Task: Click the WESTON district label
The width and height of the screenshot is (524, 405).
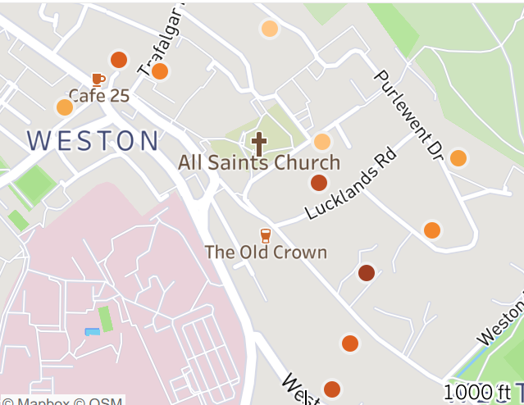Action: pos(93,141)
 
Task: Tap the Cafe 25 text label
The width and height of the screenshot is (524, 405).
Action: pos(98,96)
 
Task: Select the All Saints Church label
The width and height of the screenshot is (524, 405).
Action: pos(259,162)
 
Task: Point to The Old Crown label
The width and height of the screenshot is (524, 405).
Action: pos(266,253)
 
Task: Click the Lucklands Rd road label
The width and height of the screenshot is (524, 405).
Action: pos(350,184)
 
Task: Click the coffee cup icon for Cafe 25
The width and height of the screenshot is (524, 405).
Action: pos(98,80)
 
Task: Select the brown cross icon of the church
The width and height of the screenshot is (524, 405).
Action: pos(259,144)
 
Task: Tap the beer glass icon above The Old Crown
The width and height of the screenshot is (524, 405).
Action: pos(265,236)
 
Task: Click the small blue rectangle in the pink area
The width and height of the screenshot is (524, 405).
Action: pos(92,331)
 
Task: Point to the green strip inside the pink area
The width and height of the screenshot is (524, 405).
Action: pos(105,319)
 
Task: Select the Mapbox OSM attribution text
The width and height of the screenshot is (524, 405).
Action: pos(62,401)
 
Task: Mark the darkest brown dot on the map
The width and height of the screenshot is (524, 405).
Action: pos(367,273)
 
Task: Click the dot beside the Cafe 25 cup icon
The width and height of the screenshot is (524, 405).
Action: pos(119,60)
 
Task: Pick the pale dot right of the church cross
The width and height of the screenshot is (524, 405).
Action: pos(322,142)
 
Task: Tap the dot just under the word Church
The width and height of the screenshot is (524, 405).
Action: pos(319,183)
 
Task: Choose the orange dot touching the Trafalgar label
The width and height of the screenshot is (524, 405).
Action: pos(160,71)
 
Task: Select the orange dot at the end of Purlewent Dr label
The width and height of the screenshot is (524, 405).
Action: pos(458,157)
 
